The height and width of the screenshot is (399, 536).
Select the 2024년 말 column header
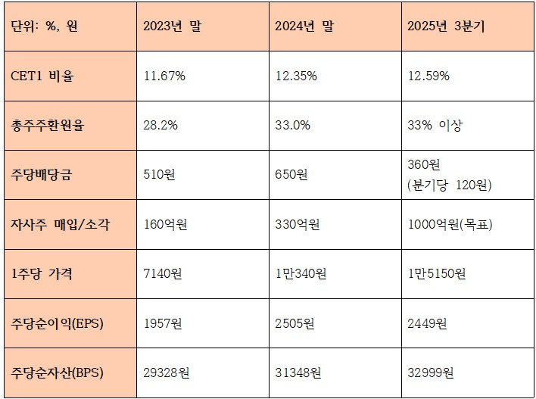[304, 26]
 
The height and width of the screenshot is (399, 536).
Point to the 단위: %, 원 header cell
[45, 26]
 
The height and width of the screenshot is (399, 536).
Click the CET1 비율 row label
[43, 76]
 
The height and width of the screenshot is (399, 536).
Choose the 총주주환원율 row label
[48, 125]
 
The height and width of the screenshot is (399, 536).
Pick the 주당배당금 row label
[43, 175]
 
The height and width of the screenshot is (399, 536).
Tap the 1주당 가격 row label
[42, 274]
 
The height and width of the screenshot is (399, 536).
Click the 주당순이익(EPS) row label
[58, 323]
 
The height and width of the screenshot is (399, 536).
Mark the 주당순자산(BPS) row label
[58, 373]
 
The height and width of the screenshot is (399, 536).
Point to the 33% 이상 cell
[435, 125]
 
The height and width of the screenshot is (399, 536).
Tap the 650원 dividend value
[291, 175]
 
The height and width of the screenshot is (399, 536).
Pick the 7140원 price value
[164, 274]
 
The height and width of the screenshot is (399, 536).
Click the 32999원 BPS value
[431, 373]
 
